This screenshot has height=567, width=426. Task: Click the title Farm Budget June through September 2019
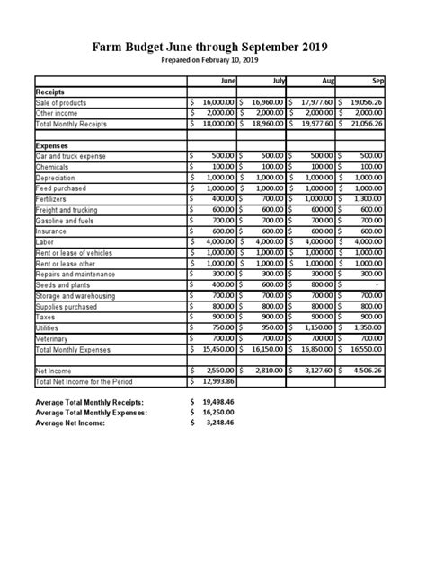[213, 47]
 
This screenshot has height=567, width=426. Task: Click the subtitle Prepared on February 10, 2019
[213, 60]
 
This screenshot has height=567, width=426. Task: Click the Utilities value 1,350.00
[367, 328]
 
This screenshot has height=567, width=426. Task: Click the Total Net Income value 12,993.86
[216, 382]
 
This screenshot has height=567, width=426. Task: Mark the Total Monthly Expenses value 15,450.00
[216, 350]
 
